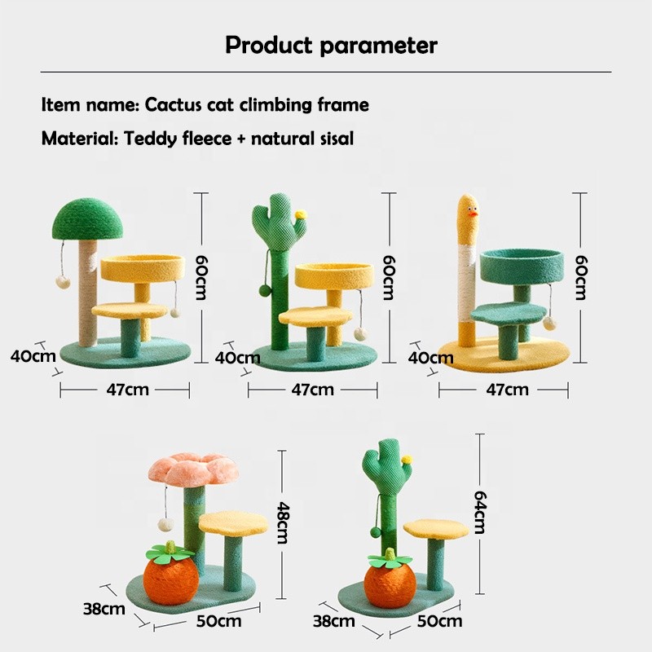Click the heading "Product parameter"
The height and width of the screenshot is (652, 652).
click(331, 45)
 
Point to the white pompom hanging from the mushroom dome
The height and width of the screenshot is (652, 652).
click(60, 280)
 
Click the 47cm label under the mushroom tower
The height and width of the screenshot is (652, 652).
click(127, 390)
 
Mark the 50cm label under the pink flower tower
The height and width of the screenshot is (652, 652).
click(219, 622)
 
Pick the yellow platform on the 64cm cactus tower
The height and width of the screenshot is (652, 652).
click(435, 528)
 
